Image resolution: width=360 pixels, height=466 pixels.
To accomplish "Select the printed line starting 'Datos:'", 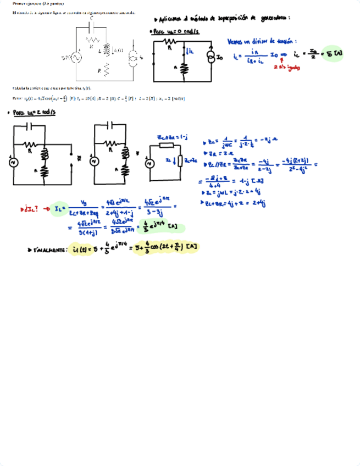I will [x=99, y=98].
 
